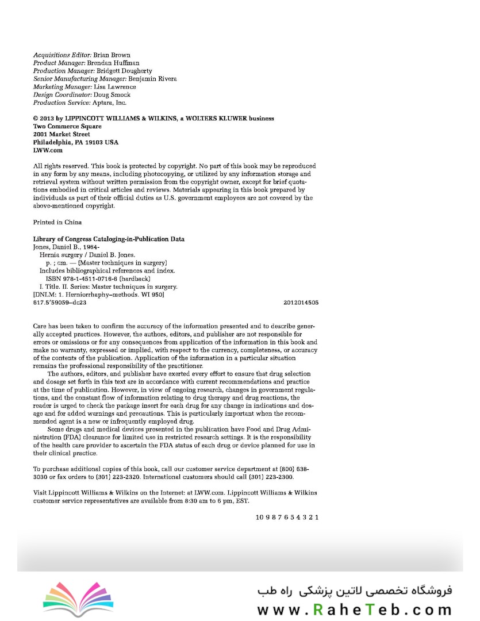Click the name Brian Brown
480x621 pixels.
[x=116, y=55]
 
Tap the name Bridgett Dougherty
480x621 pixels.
[x=126, y=71]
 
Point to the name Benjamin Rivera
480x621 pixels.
[x=152, y=79]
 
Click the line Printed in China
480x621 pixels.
[x=57, y=222]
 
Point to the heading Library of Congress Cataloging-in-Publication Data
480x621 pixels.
[x=109, y=239]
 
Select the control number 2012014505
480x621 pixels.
[x=301, y=302]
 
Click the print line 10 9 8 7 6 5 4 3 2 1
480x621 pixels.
[x=287, y=517]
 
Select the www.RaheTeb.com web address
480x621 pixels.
[x=354, y=609]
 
